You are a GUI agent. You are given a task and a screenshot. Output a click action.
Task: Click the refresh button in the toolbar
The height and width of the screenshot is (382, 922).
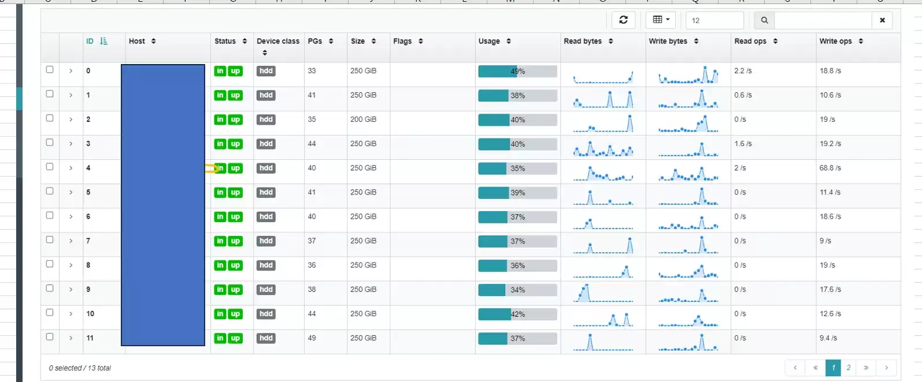[x=623, y=20]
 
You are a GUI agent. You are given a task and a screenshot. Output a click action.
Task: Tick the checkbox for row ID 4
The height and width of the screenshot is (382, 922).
[x=50, y=167]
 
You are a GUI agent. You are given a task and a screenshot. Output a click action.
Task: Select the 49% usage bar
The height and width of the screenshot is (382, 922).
[x=517, y=72]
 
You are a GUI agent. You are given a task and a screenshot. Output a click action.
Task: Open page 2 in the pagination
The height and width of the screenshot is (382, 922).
[x=849, y=368]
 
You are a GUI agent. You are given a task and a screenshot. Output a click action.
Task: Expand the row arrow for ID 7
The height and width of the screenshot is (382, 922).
[x=71, y=241]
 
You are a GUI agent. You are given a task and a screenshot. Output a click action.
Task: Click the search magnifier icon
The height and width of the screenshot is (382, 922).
[x=764, y=20]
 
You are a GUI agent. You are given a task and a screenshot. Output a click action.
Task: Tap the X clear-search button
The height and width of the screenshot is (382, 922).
[x=882, y=20]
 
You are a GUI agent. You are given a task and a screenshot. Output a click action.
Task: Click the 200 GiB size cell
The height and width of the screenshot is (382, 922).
[x=364, y=119]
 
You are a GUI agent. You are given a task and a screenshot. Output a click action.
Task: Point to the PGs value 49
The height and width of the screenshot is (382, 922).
[x=312, y=338]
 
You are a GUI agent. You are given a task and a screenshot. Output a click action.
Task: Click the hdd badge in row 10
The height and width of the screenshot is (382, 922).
[x=266, y=314]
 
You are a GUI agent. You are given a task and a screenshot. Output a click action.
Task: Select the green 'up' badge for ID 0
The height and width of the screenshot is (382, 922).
[x=235, y=71]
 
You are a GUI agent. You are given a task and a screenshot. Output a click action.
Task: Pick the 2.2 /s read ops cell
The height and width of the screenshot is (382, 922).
[x=743, y=71]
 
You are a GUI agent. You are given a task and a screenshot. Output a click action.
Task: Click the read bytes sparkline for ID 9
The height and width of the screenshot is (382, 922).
[x=603, y=293]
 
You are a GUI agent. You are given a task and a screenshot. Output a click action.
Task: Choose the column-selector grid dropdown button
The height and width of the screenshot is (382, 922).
[x=661, y=20]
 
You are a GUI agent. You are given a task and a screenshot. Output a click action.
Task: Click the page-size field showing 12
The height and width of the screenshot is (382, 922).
[x=714, y=20]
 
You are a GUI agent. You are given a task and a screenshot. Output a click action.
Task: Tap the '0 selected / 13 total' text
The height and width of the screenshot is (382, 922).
[x=80, y=368]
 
